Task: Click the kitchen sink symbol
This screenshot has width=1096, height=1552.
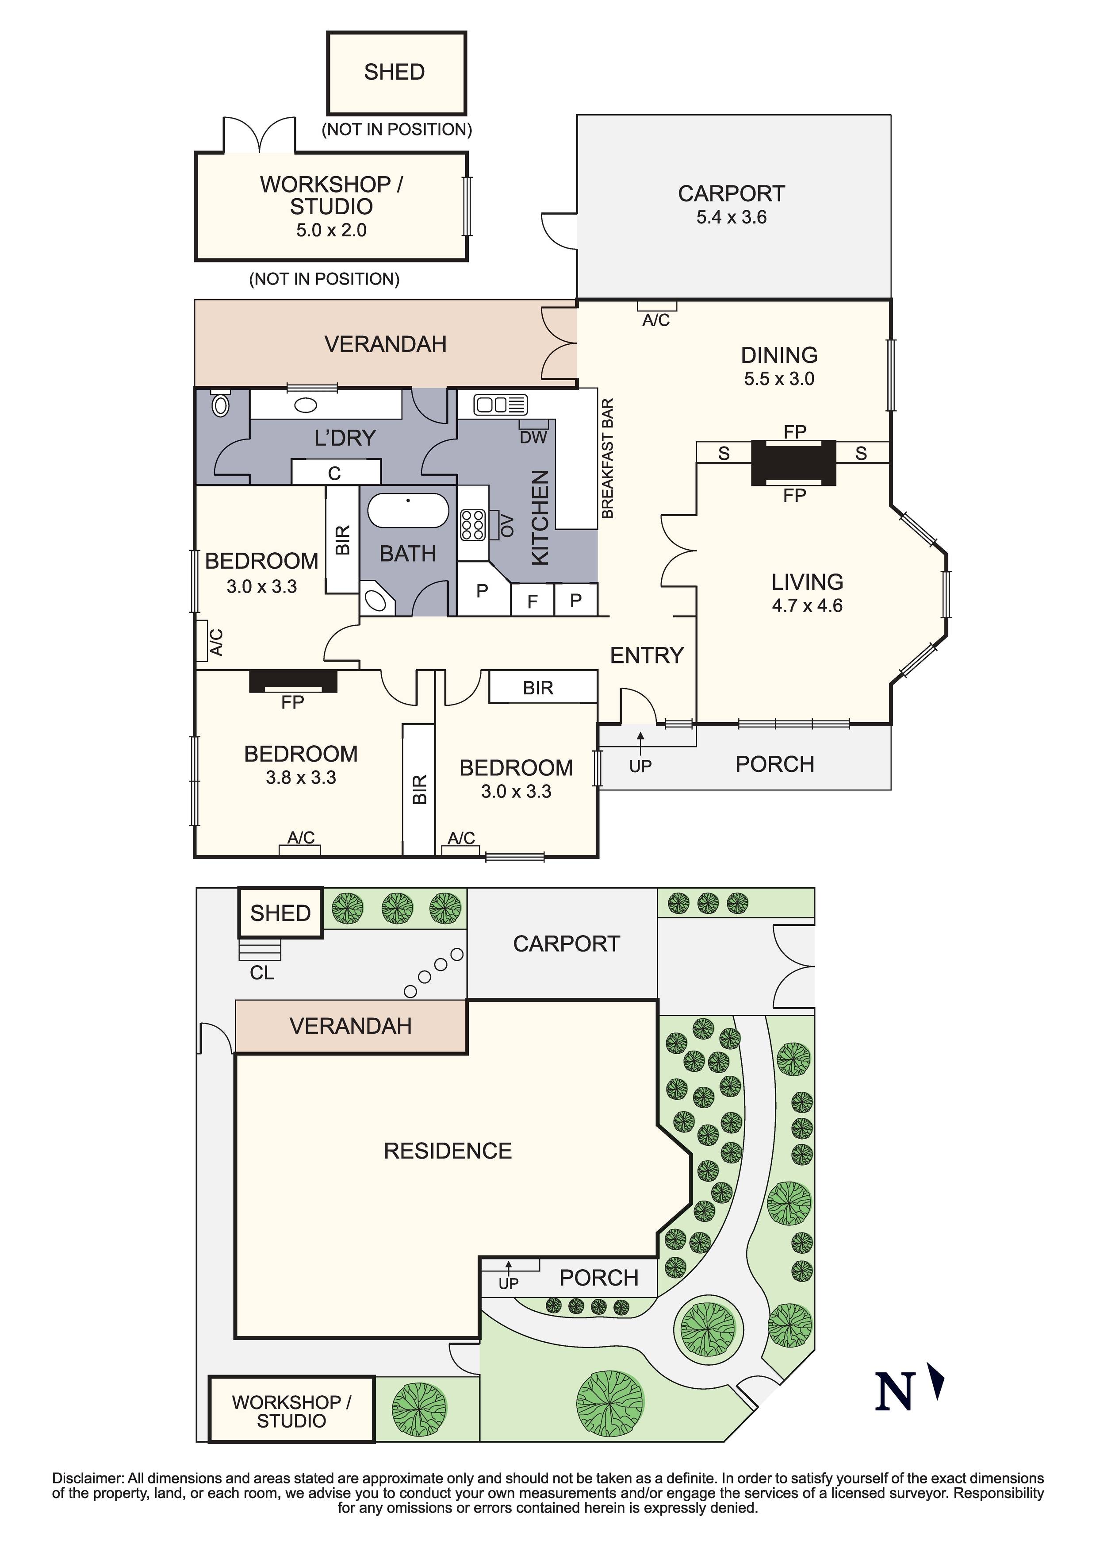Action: [500, 405]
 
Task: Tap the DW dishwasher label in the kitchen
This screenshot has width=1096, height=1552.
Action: [533, 437]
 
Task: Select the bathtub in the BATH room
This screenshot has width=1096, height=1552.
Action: [408, 510]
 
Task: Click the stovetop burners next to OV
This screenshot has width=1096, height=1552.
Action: [472, 525]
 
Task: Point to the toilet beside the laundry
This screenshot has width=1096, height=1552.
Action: [220, 404]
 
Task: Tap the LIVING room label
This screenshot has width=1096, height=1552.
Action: [808, 582]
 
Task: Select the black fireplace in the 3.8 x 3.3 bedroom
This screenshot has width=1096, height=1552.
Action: [293, 681]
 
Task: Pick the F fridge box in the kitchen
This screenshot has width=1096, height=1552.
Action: [533, 600]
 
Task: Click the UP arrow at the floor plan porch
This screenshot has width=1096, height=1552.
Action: [640, 737]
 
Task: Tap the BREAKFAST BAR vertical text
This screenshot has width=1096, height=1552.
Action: [607, 459]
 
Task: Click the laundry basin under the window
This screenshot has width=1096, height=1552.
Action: [306, 405]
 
